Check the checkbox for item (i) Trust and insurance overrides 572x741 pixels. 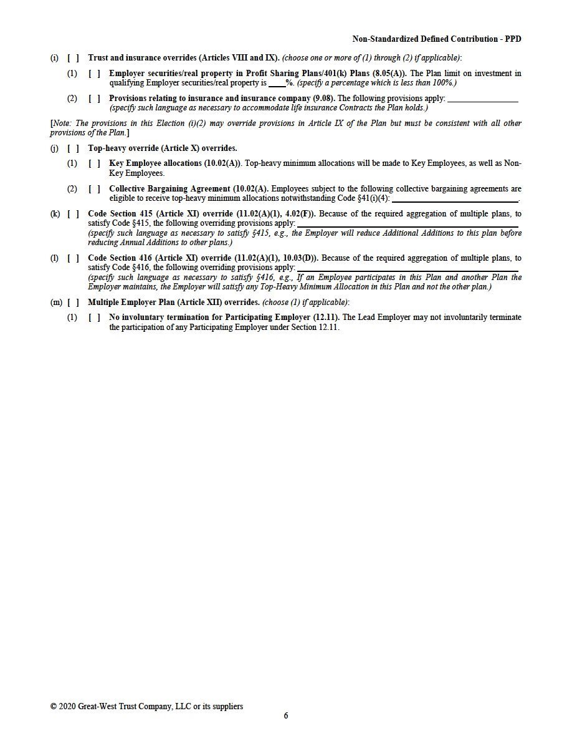pyautogui.click(x=73, y=58)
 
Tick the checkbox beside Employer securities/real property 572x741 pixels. pyautogui.click(x=94, y=74)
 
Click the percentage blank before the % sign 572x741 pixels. pyautogui.click(x=276, y=82)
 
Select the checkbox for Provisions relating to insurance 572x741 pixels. pyautogui.click(x=94, y=99)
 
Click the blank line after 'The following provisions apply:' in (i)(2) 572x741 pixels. pyautogui.click(x=482, y=99)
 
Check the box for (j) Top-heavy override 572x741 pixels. pyautogui.click(x=73, y=148)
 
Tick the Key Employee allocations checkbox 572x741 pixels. pyautogui.click(x=94, y=163)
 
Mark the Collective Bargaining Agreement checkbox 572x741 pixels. pyautogui.click(x=94, y=189)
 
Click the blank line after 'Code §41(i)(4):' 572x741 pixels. pyautogui.click(x=455, y=199)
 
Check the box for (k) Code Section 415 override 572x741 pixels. pyautogui.click(x=73, y=214)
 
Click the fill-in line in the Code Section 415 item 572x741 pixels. pyautogui.click(x=408, y=224)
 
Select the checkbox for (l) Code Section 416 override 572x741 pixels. pyautogui.click(x=73, y=258)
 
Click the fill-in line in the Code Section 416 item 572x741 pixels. pyautogui.click(x=408, y=268)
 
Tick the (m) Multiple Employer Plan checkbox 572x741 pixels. pyautogui.click(x=73, y=303)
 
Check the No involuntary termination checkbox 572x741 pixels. pyautogui.click(x=94, y=317)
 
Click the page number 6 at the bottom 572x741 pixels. pyautogui.click(x=286, y=716)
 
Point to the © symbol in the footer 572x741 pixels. pyautogui.click(x=54, y=707)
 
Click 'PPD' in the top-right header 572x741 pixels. pyautogui.click(x=513, y=39)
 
